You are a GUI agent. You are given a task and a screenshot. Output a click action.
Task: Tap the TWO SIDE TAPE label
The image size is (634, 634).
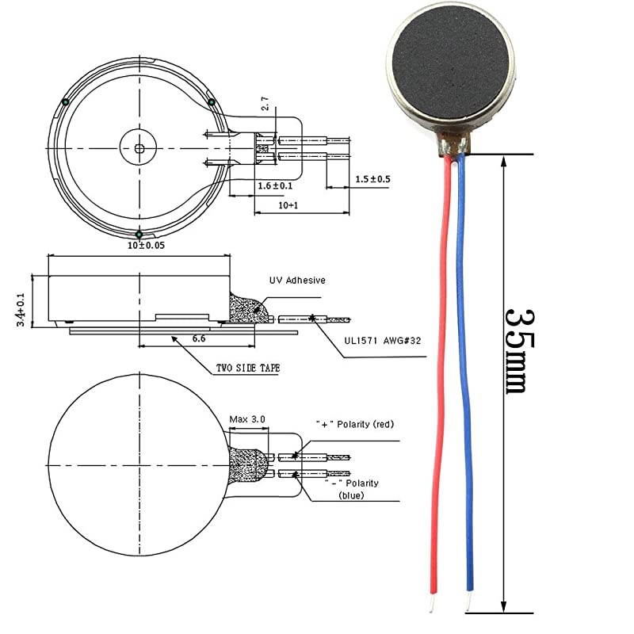click(x=247, y=369)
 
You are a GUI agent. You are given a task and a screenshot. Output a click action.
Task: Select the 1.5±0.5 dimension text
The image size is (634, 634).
click(x=372, y=179)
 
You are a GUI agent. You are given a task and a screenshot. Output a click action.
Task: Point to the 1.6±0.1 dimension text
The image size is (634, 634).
click(x=276, y=185)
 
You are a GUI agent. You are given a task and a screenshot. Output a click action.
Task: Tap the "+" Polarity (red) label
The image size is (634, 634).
click(x=354, y=425)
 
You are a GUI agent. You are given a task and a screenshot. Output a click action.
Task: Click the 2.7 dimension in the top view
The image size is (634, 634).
click(x=265, y=103)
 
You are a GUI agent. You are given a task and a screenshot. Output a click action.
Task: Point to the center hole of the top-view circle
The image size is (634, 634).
click(x=139, y=147)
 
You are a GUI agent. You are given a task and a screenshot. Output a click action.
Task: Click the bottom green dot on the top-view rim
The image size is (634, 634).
click(x=139, y=234)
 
